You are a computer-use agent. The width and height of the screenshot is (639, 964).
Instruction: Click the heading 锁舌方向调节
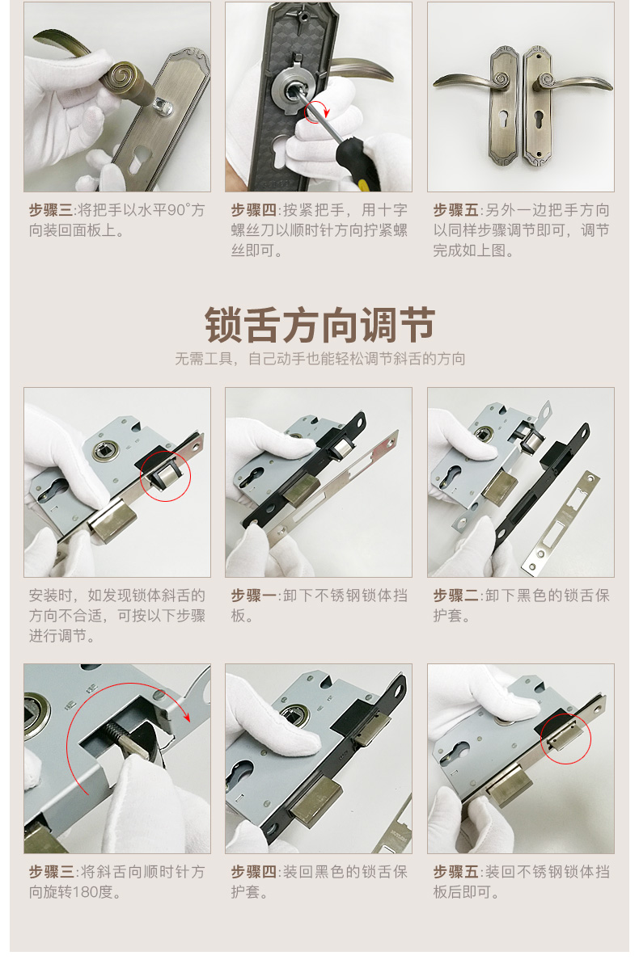(319, 325)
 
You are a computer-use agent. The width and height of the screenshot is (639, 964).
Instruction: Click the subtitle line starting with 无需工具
(319, 359)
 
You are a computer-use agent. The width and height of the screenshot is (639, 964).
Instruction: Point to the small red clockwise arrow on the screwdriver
(318, 111)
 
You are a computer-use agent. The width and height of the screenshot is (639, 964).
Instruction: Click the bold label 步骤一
(253, 595)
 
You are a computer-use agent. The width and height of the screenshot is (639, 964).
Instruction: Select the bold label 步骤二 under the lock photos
(455, 595)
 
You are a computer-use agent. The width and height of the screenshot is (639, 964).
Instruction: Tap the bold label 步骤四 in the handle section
(253, 210)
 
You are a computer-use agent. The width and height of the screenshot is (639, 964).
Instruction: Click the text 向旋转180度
(75, 892)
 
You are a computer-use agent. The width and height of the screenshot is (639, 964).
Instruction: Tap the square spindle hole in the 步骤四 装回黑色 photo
(288, 713)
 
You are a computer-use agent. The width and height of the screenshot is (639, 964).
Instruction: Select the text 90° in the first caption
(179, 210)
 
